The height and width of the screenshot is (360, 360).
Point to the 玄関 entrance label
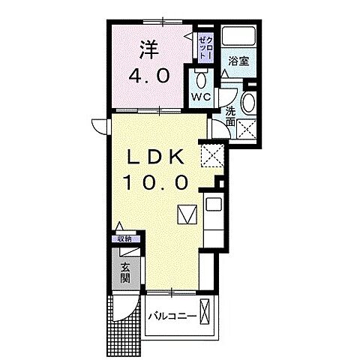[124, 275]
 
